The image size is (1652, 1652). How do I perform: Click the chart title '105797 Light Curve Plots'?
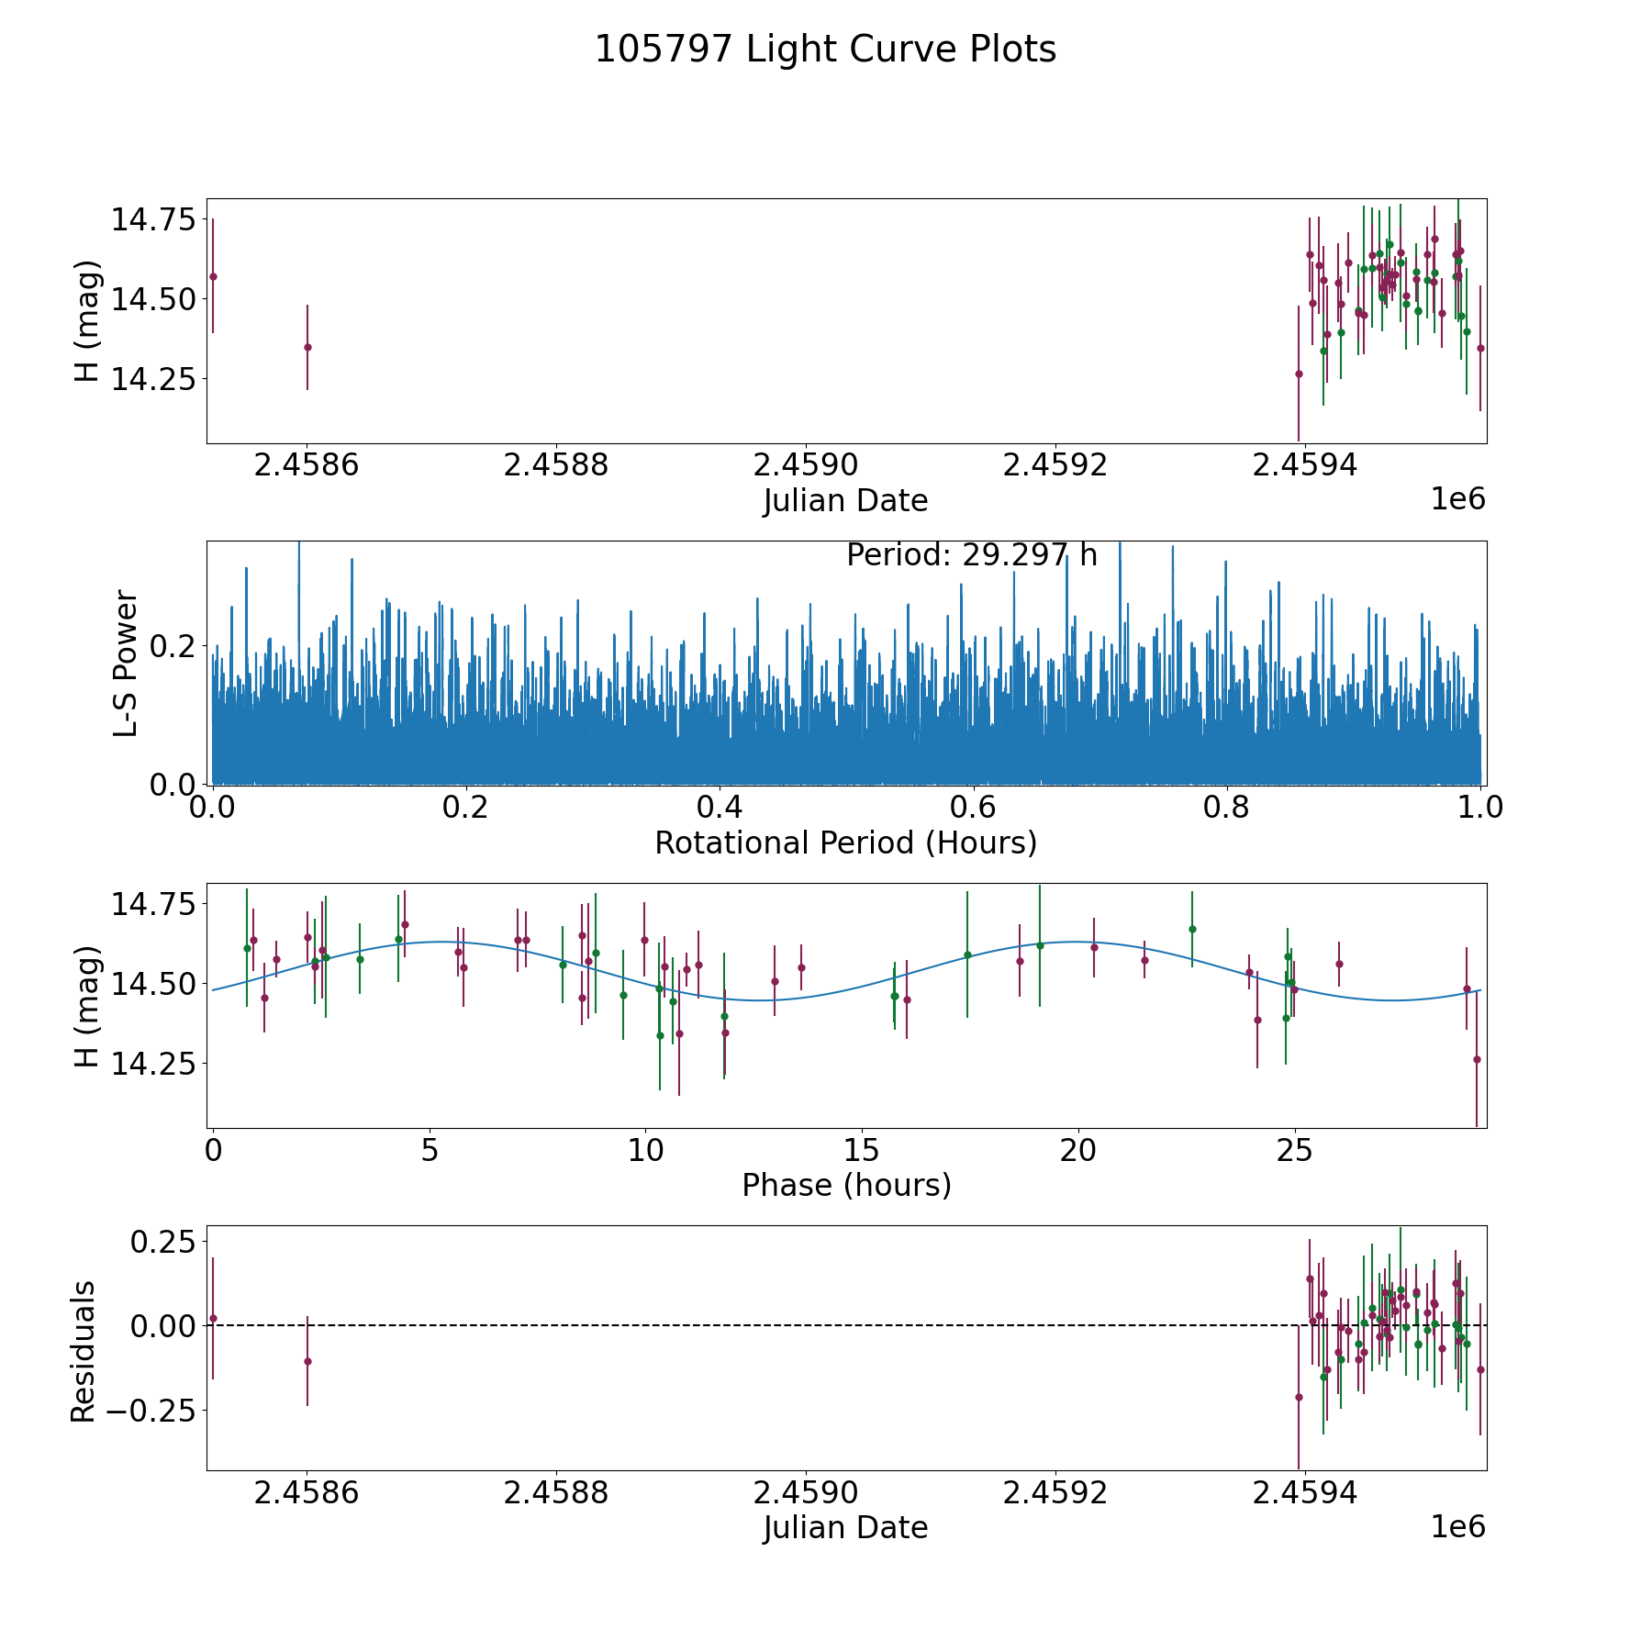point(825,50)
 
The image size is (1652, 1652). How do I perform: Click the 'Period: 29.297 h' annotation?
point(971,555)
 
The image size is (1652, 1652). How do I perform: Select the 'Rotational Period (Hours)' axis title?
point(845,843)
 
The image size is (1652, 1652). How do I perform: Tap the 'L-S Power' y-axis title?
point(126,663)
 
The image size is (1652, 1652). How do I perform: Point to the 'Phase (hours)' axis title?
point(845,1185)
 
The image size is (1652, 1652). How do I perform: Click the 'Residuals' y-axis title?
point(84,1351)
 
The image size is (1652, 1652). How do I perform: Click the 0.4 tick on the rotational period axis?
point(720,808)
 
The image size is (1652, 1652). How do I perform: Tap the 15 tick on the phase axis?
point(862,1150)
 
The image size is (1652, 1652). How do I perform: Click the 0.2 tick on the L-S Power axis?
point(173,646)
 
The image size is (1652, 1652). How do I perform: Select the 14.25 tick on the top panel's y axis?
point(153,378)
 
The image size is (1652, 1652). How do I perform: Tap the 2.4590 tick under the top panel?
point(806,465)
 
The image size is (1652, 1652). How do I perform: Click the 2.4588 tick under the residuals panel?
point(556,1493)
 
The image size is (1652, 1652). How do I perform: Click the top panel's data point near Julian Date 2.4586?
point(307,347)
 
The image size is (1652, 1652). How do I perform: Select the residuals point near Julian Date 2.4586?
point(307,1361)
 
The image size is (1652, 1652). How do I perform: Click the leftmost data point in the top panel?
point(213,276)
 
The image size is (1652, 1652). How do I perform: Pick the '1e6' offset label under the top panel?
point(1457,499)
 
